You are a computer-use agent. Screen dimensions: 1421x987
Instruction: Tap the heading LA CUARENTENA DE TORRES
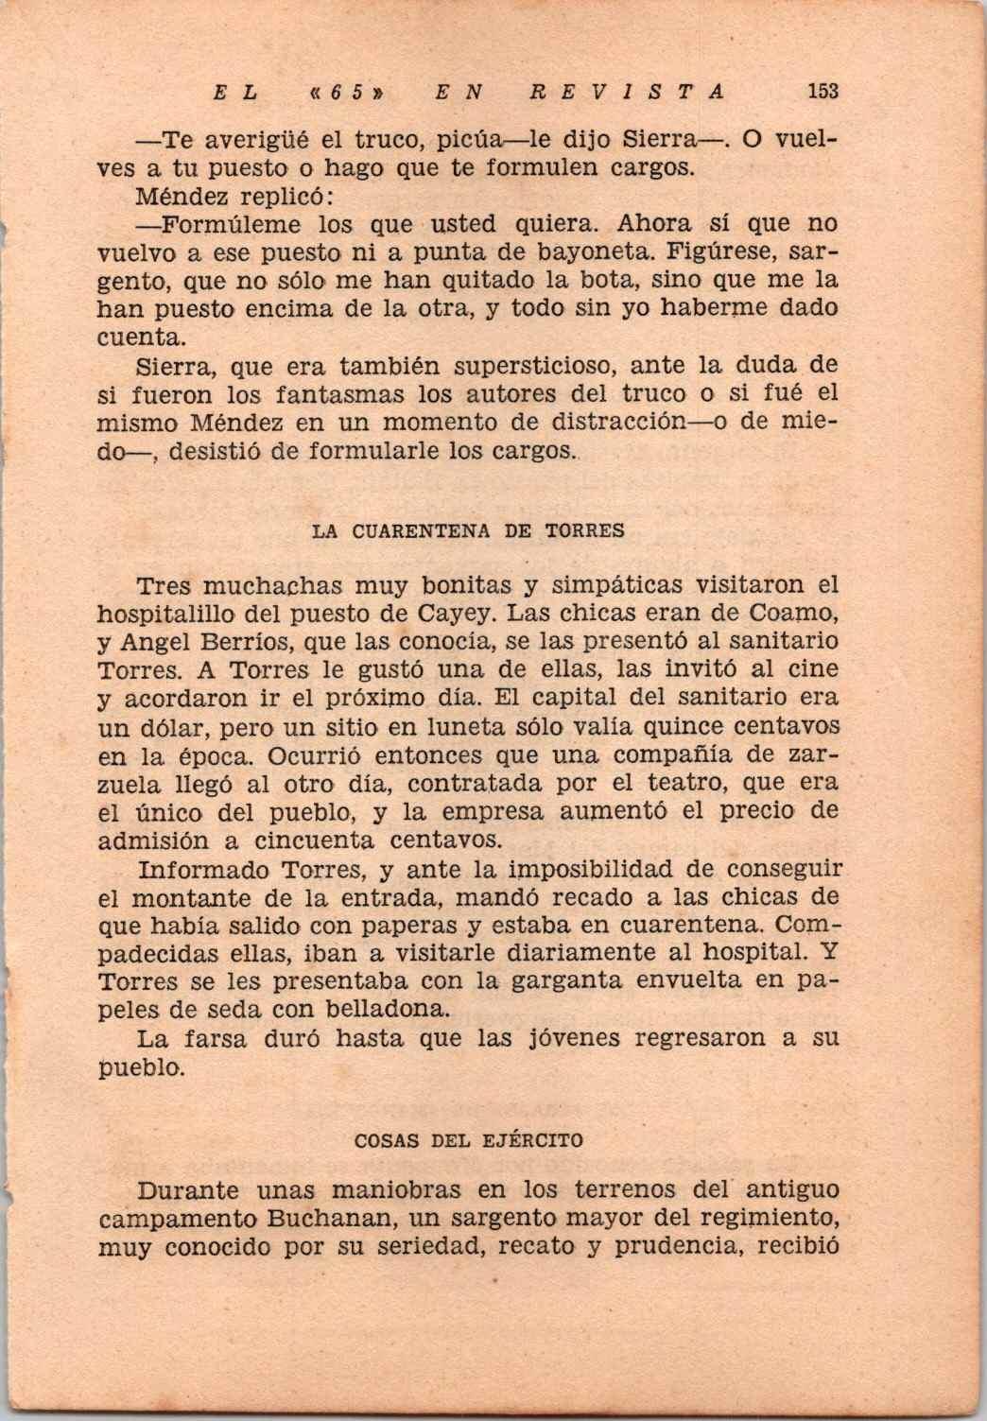click(x=468, y=530)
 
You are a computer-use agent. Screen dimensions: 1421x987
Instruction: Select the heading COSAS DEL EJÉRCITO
click(x=468, y=1140)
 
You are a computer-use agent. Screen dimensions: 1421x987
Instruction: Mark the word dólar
click(x=180, y=727)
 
